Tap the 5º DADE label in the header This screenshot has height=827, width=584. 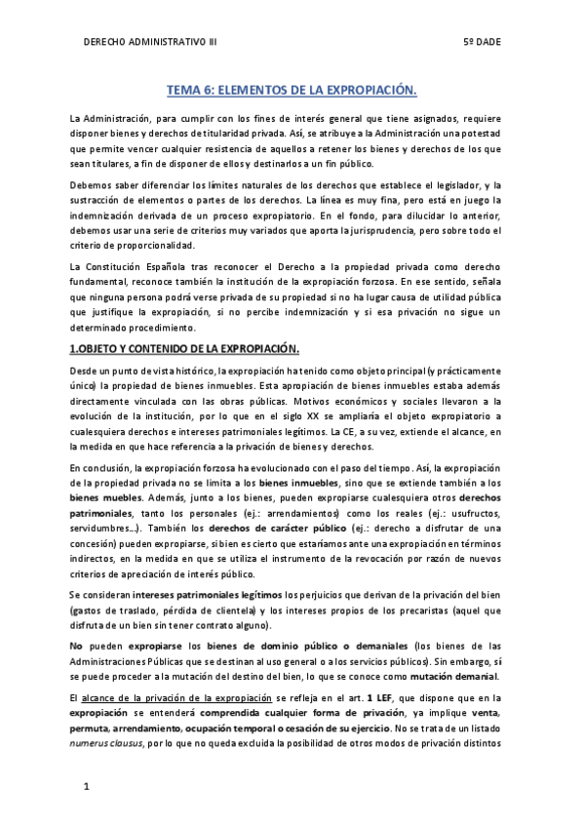[x=484, y=43]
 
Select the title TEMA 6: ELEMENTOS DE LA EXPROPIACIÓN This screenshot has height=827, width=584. [x=292, y=91]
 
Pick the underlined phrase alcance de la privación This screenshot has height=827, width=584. [x=142, y=699]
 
